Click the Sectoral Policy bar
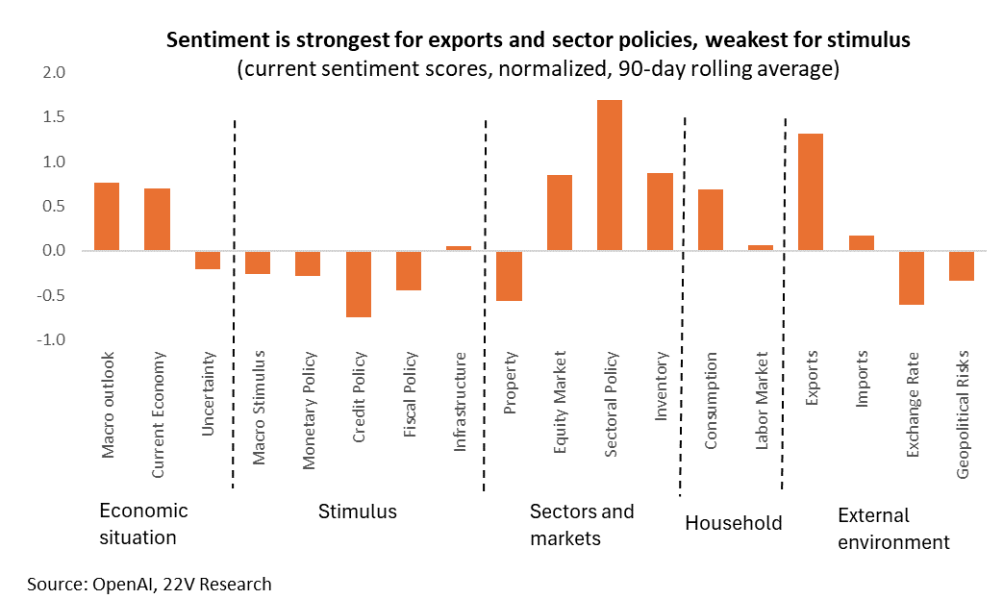pos(609,175)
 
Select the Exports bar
pos(811,191)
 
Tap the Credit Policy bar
pos(358,284)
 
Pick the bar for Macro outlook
pos(107,216)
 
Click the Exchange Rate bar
pos(911,278)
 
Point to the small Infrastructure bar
pos(459,248)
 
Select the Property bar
pos(509,276)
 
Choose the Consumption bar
pos(710,220)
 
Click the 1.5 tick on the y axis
pos(54,117)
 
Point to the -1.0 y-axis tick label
pos(51,339)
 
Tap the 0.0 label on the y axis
pos(54,251)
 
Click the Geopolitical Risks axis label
pos(962,414)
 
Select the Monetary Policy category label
pos(309,411)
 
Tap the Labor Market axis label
pos(762,401)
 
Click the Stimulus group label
pos(358,512)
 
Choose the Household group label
pos(734,523)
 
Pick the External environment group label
pos(893,529)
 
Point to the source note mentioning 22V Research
pos(149,584)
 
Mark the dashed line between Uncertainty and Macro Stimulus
pos(234,304)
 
